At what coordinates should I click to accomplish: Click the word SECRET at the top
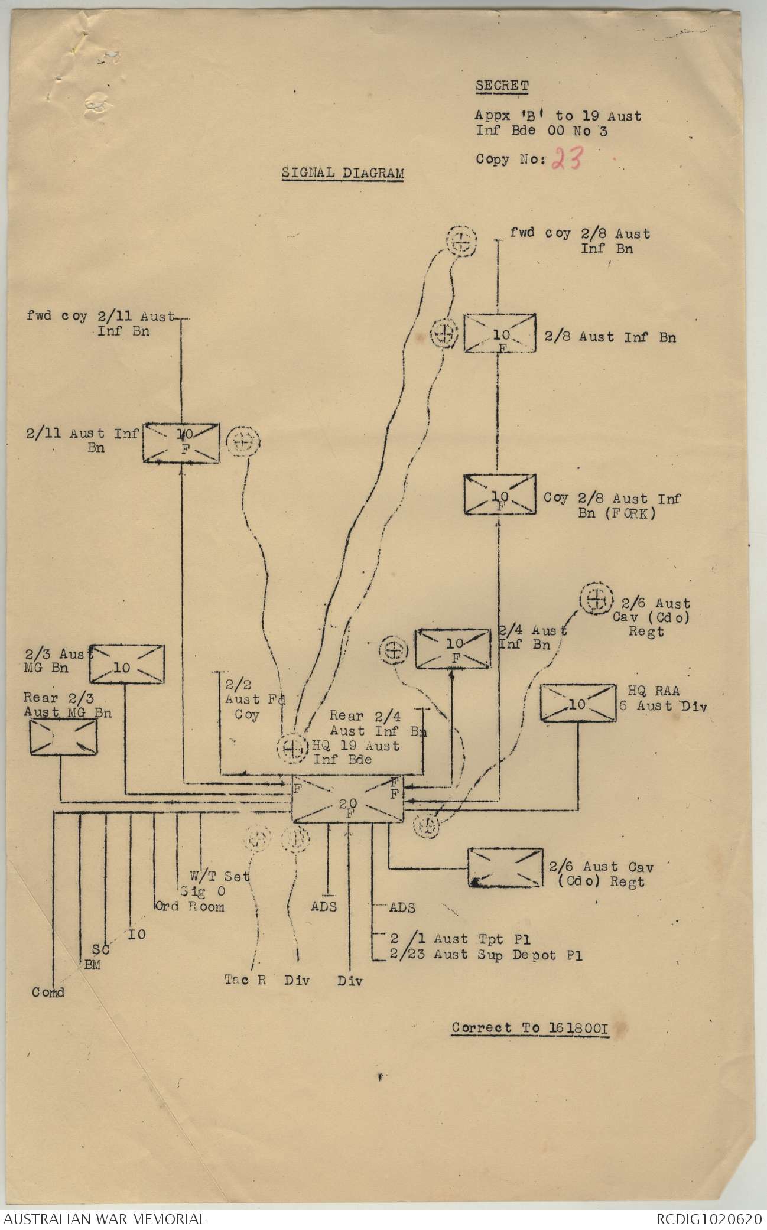502,86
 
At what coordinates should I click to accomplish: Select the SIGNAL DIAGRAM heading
343,173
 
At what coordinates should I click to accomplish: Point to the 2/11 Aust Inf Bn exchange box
181,442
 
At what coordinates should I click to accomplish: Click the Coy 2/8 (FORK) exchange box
500,494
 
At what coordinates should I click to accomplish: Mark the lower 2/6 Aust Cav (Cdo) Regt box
505,868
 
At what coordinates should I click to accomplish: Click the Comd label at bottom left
48,992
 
